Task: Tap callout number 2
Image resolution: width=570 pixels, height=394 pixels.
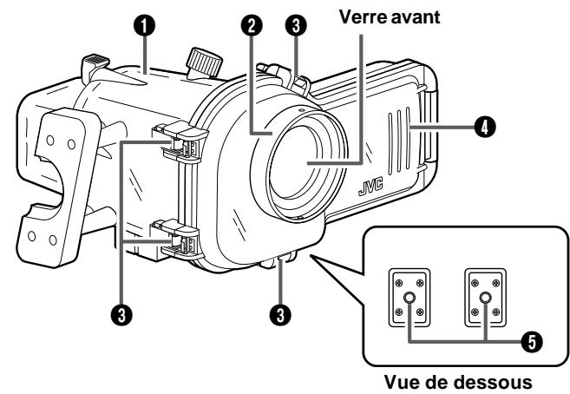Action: pos(252,26)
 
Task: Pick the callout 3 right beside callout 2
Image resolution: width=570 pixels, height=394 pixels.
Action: pos(297,26)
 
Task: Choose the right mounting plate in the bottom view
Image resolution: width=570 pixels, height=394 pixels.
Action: pos(484,297)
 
